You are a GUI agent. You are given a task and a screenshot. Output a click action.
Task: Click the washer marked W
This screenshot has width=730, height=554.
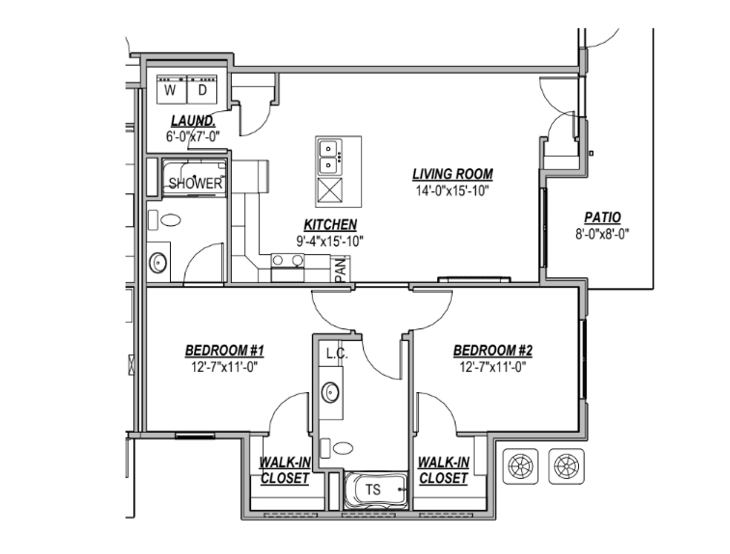click(172, 89)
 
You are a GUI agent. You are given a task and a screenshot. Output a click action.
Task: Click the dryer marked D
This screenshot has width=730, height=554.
click(202, 89)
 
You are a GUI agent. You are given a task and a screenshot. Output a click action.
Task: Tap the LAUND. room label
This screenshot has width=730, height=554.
click(193, 121)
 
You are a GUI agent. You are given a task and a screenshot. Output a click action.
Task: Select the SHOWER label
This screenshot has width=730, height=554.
click(195, 183)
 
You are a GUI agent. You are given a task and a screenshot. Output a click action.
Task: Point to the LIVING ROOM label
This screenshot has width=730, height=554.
click(452, 174)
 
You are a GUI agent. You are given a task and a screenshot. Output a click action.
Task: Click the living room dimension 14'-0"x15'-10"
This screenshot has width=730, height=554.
click(452, 191)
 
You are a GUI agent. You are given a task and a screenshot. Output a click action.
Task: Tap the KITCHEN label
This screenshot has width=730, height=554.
click(330, 225)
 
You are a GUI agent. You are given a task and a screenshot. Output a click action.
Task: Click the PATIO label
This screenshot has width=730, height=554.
click(602, 217)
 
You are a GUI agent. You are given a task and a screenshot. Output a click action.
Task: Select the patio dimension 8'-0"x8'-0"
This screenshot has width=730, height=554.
click(602, 234)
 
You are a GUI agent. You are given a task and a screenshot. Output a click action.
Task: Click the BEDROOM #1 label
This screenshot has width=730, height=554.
click(225, 350)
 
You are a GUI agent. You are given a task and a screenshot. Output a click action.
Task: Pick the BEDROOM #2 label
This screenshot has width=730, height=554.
click(493, 350)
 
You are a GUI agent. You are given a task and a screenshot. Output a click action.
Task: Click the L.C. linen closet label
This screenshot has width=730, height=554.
click(337, 354)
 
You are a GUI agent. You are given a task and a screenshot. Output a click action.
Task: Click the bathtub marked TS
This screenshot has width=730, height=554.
click(376, 490)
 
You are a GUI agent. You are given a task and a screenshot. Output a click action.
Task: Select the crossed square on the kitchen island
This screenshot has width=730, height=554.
click(330, 190)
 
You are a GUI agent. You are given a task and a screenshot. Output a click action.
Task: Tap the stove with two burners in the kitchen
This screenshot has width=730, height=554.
click(288, 268)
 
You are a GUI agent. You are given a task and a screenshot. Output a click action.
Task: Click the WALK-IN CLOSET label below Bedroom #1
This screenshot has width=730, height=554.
click(285, 470)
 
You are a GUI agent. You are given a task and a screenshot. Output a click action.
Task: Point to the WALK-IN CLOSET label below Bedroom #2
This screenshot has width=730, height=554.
click(443, 470)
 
